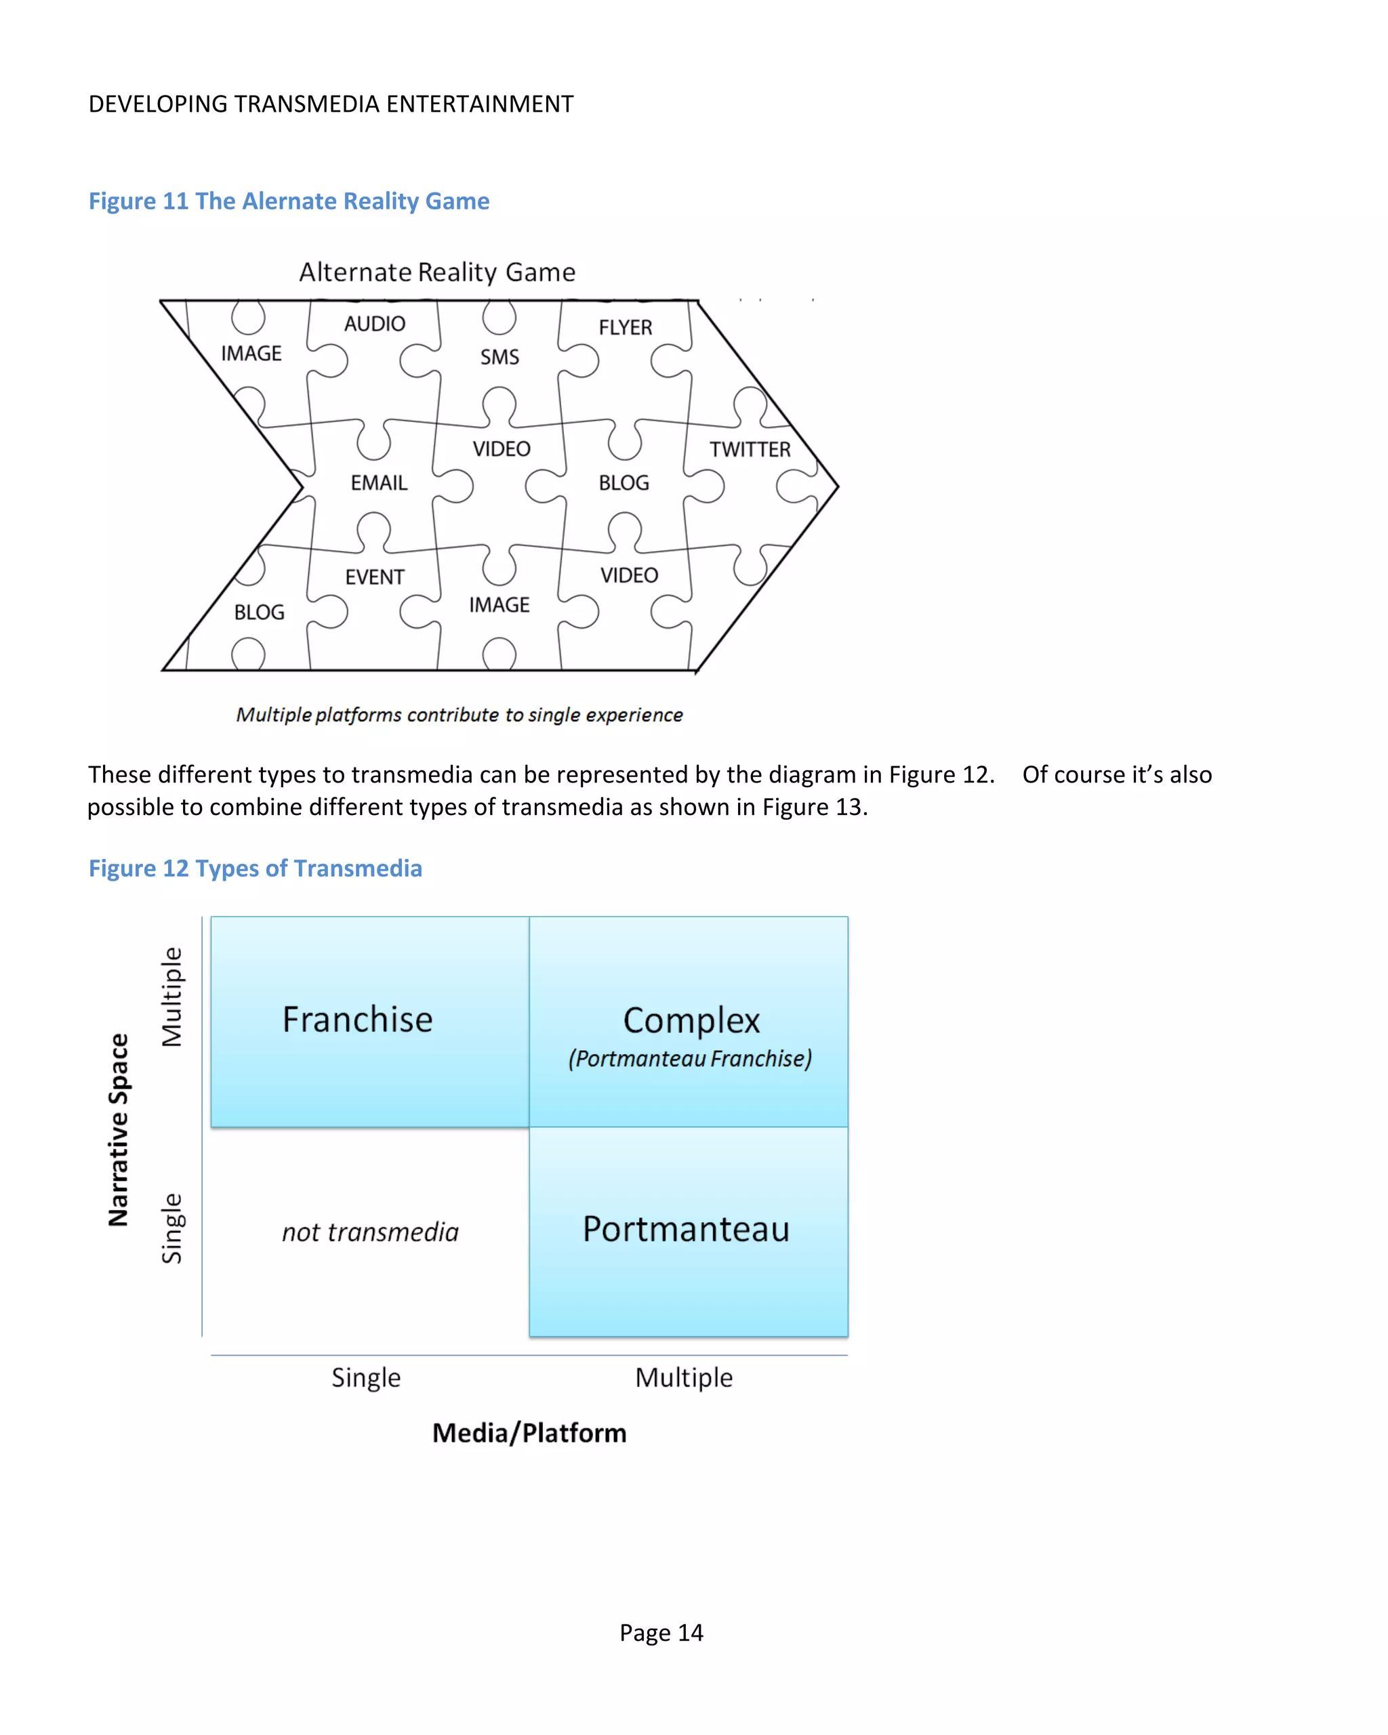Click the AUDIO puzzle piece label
click(x=374, y=324)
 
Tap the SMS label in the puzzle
click(x=499, y=356)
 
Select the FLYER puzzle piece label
click(x=625, y=327)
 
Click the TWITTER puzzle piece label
click(x=750, y=449)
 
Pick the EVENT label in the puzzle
click(x=374, y=577)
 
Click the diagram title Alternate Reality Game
click(x=437, y=272)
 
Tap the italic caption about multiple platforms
click(x=459, y=715)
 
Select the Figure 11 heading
click(x=288, y=201)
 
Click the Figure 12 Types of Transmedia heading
click(x=256, y=869)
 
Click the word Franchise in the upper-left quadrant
click(x=357, y=1020)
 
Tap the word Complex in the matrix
click(x=691, y=1020)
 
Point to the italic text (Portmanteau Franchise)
click(x=690, y=1058)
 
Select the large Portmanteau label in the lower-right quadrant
click(x=686, y=1229)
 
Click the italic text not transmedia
click(x=369, y=1232)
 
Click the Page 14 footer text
click(x=661, y=1633)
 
